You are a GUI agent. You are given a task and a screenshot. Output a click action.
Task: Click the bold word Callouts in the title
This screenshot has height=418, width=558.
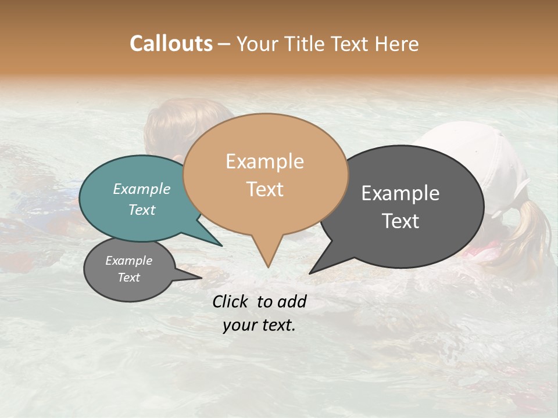[171, 44]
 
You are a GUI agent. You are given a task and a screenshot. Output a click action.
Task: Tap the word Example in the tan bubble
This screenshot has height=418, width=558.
[264, 161]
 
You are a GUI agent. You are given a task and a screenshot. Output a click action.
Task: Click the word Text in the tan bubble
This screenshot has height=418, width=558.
[264, 189]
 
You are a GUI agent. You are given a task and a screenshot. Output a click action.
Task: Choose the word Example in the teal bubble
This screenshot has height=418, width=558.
[142, 189]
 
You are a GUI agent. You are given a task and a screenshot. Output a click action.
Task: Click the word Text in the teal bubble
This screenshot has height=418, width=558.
[142, 210]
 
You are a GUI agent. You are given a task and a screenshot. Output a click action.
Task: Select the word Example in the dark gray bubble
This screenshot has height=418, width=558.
[400, 193]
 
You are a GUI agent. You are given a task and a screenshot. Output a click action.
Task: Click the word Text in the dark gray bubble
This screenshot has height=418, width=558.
[400, 221]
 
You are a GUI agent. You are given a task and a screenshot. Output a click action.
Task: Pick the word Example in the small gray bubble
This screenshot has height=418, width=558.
[129, 261]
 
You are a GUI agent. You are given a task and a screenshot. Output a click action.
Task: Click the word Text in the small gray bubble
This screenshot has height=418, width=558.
[129, 278]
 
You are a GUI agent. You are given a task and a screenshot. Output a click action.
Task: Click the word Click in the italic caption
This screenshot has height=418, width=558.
[231, 301]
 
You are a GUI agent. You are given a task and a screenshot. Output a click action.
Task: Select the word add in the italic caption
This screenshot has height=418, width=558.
[292, 301]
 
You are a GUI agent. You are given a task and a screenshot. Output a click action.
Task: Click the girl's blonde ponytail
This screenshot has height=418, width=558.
[532, 232]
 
